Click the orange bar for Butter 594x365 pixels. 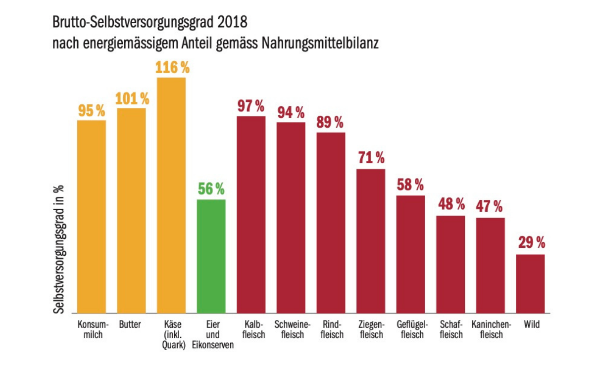(131, 210)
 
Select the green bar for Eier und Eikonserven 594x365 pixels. (211, 256)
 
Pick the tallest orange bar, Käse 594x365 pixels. (171, 195)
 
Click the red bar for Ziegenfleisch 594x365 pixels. (371, 241)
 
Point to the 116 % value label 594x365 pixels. (172, 68)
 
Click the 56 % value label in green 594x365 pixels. (211, 189)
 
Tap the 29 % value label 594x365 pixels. (532, 243)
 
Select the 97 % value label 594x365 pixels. (251, 106)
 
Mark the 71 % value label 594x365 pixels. (371, 158)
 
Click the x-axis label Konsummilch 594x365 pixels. (92, 329)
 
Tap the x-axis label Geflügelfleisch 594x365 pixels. (410, 329)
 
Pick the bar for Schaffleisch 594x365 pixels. (450, 264)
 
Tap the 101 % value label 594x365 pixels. (132, 99)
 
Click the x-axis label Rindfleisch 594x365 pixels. (332, 329)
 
